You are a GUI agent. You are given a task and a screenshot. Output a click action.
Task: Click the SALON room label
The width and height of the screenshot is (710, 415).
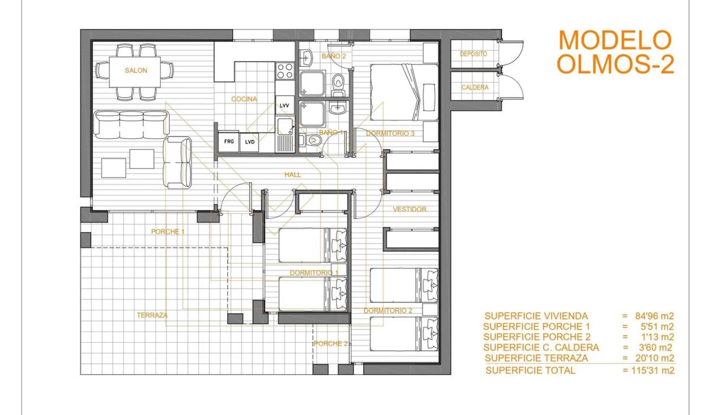click(x=136, y=70)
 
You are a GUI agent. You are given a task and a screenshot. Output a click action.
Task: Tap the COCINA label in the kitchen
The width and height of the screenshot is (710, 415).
click(x=244, y=99)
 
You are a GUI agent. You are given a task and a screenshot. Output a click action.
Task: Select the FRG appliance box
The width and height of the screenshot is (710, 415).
click(x=228, y=141)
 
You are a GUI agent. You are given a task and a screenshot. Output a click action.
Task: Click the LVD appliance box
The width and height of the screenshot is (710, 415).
click(x=250, y=142)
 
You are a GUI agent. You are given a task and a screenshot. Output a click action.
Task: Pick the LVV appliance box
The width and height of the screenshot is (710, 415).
click(x=285, y=105)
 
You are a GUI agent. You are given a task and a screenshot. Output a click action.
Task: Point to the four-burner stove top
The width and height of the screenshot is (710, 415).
click(x=285, y=70)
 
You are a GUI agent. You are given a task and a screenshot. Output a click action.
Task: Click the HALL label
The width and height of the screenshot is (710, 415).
click(x=292, y=175)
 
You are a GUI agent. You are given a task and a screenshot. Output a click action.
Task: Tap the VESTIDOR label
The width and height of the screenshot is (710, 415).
click(x=409, y=209)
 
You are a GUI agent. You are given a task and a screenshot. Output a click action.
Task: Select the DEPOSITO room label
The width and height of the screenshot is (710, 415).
click(x=473, y=54)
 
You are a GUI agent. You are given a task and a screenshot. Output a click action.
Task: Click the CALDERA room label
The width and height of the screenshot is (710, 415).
click(x=475, y=87)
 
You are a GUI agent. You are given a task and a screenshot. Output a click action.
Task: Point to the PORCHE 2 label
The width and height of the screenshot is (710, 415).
click(x=331, y=343)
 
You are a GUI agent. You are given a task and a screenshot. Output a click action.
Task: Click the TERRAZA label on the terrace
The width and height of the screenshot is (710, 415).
click(x=152, y=315)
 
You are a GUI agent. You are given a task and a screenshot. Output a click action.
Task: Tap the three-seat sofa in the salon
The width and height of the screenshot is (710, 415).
click(x=131, y=124)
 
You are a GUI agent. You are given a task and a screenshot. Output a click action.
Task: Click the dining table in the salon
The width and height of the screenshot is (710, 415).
click(x=135, y=72)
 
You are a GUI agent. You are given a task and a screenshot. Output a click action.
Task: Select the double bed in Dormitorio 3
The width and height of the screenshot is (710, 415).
click(x=405, y=92)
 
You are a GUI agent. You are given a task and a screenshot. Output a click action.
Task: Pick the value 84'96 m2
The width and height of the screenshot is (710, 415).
click(x=654, y=316)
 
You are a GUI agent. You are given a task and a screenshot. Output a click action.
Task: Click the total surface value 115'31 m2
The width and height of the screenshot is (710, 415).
click(x=652, y=370)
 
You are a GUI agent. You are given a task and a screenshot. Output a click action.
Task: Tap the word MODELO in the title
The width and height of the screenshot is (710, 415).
click(x=615, y=40)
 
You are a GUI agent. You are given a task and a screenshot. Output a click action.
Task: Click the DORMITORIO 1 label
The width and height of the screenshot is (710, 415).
click(x=314, y=273)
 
